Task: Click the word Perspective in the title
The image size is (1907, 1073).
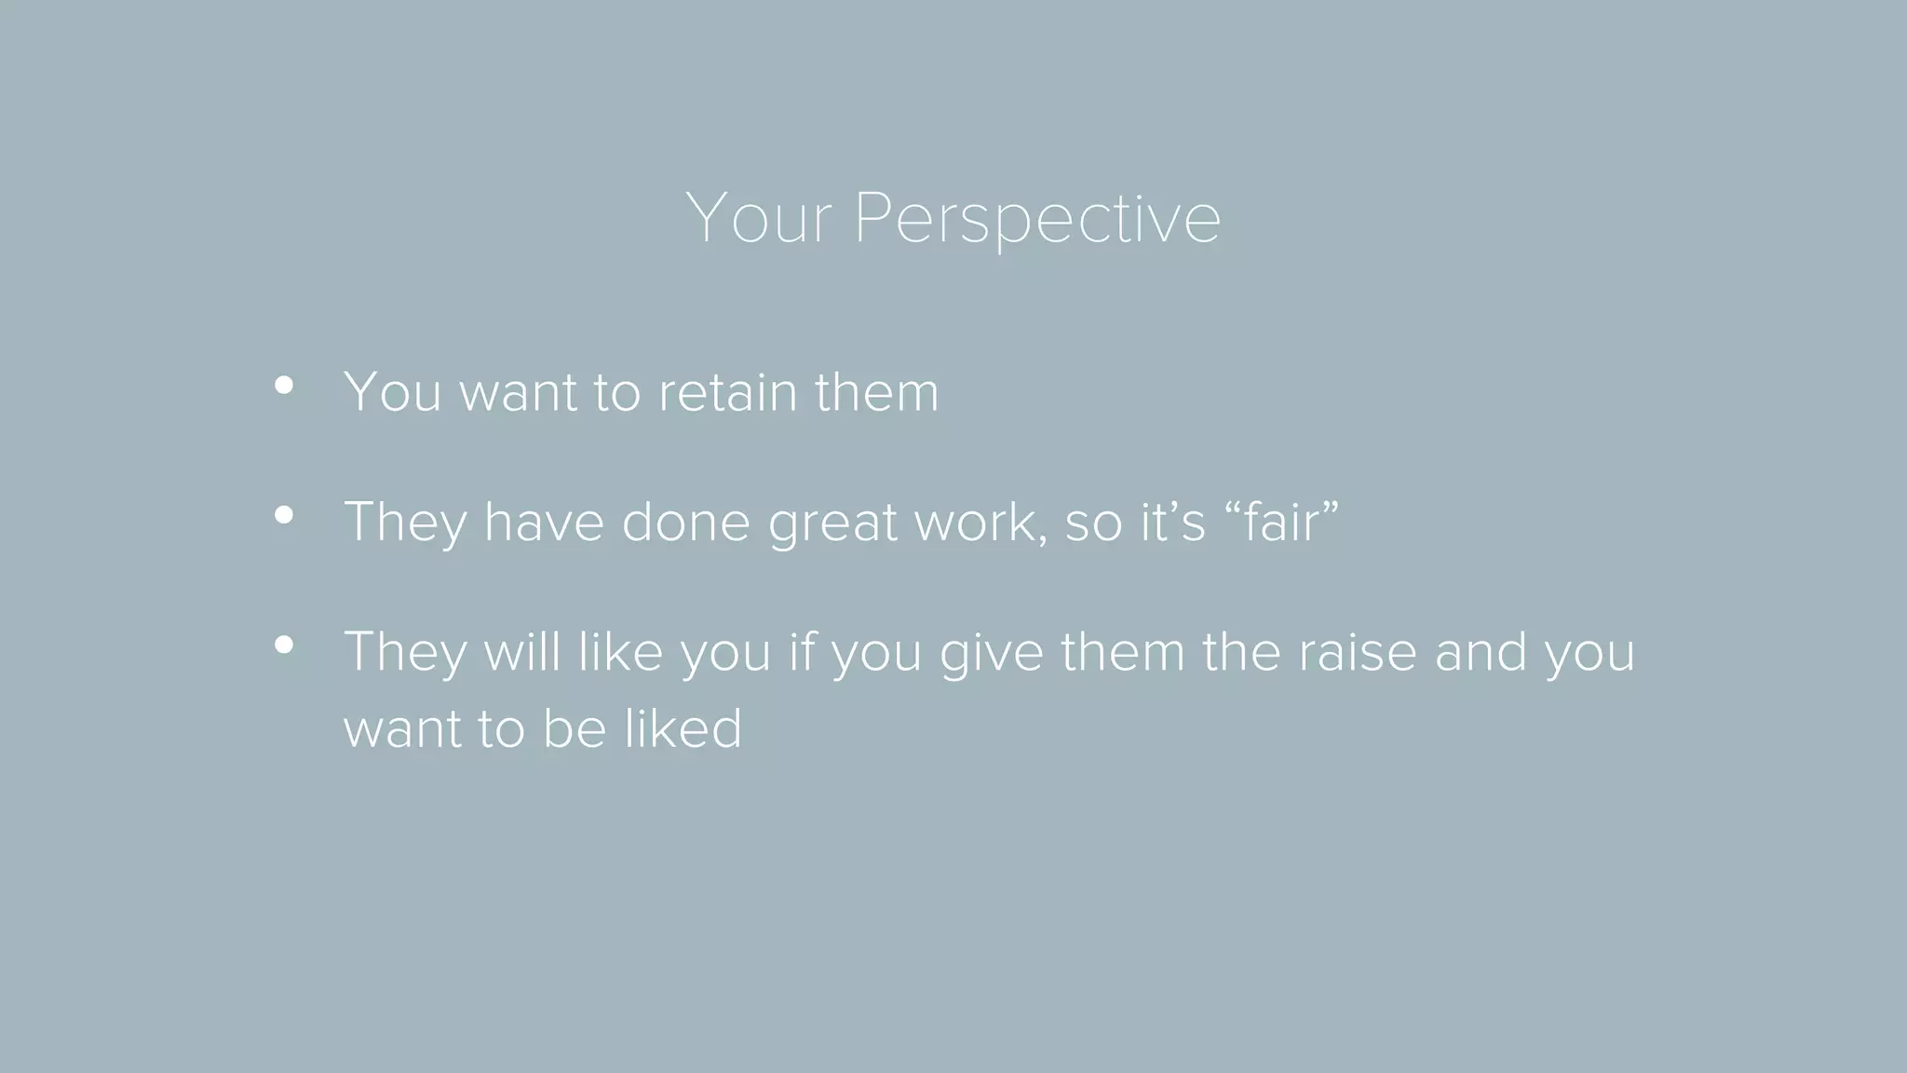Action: click(1036, 220)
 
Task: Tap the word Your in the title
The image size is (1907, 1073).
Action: click(758, 218)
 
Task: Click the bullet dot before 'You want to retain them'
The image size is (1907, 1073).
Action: click(284, 385)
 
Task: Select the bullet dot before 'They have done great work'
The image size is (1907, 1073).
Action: click(284, 514)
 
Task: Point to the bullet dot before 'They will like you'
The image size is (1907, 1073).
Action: click(284, 645)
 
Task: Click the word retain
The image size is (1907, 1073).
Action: click(727, 392)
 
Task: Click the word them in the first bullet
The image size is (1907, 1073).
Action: click(876, 392)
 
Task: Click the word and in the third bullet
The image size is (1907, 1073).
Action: click(1480, 652)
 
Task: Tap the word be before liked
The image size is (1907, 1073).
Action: click(575, 728)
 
